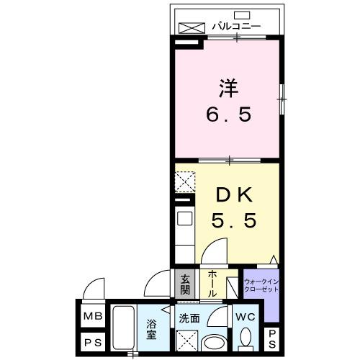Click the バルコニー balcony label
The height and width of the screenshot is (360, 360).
pos(235,27)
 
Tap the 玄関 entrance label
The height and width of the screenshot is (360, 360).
pos(185,285)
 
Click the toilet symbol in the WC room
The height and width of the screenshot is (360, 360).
pos(244,337)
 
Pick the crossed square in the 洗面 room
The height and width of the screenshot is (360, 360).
pos(188,338)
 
